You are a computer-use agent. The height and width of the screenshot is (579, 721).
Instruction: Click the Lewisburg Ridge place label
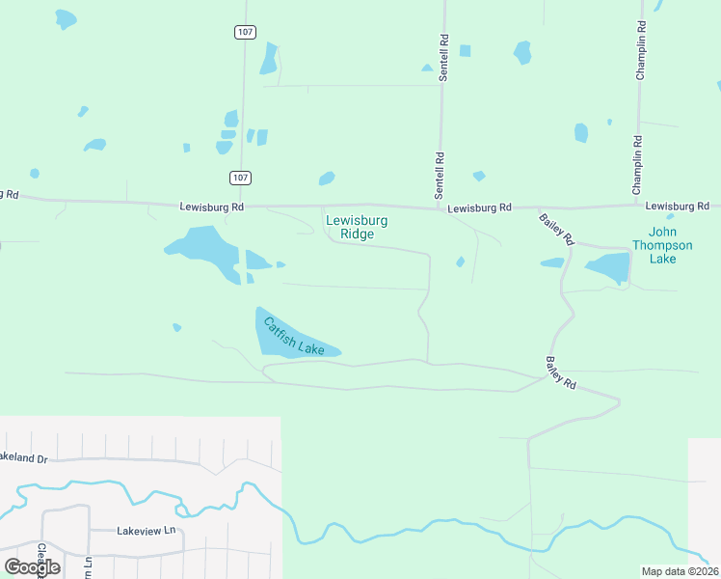tap(357, 227)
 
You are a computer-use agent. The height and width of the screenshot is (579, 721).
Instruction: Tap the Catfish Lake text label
tap(295, 337)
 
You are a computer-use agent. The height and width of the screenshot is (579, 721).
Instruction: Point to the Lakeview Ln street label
tap(147, 531)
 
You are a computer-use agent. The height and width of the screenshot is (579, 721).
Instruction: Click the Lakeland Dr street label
tap(21, 457)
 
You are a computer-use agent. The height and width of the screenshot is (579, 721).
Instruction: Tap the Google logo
tap(32, 566)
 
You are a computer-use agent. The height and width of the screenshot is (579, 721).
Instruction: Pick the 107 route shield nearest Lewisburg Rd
tap(241, 178)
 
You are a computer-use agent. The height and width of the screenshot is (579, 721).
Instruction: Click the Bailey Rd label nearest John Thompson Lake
tap(555, 229)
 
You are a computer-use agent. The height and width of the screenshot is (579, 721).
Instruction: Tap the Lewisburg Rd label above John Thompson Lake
tap(677, 206)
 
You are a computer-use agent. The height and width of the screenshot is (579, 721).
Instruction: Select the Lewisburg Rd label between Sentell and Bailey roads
tap(479, 207)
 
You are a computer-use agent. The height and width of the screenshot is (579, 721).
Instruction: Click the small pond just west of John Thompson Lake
tap(552, 262)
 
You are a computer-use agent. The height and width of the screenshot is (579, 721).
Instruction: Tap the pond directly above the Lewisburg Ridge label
tap(327, 179)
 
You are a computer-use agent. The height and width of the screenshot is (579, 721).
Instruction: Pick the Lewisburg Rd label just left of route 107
tap(211, 207)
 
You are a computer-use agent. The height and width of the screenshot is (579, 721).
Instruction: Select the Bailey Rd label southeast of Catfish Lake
tap(560, 372)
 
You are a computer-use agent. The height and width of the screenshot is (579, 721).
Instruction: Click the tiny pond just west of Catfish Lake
tap(176, 327)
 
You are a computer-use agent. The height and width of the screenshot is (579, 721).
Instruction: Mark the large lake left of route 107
tap(203, 251)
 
